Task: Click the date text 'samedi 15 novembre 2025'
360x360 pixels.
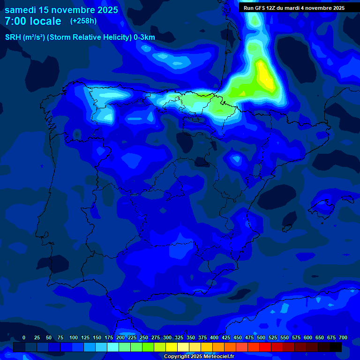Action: [61, 9]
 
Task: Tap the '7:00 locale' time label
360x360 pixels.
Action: [33, 21]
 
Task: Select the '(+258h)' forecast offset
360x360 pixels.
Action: [83, 21]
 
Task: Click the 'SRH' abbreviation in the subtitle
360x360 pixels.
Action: [13, 37]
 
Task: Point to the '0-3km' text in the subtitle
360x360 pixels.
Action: [144, 37]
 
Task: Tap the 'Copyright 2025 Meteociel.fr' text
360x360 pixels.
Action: [199, 356]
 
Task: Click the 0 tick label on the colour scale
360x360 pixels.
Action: [24, 337]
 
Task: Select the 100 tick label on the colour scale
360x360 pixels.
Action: [74, 337]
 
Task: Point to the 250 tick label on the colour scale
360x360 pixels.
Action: [144, 337]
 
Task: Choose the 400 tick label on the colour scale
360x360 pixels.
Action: [214, 337]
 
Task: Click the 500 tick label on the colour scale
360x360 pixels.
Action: [261, 337]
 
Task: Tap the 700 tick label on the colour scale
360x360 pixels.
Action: [343, 337]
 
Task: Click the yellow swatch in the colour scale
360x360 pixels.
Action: [172, 347]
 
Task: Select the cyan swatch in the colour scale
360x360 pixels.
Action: [113, 347]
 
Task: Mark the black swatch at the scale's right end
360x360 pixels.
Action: [336, 347]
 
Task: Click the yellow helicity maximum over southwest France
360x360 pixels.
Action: [265, 75]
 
